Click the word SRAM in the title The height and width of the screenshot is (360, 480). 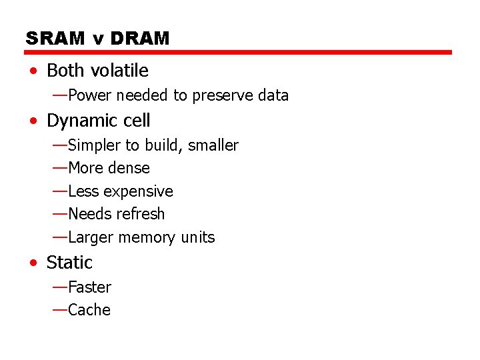[x=55, y=39]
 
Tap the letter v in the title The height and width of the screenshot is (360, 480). [x=99, y=39]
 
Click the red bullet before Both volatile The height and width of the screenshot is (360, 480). [x=33, y=71]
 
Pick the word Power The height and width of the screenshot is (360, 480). [x=90, y=95]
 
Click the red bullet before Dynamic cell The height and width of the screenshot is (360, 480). [x=33, y=121]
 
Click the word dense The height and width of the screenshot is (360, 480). [x=129, y=168]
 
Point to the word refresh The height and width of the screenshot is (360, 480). [x=142, y=214]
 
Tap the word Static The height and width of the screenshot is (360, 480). [x=69, y=263]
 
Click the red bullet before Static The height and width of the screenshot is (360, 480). [x=33, y=263]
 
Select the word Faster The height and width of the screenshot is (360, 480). [x=90, y=287]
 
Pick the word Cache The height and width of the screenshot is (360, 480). [x=89, y=310]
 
